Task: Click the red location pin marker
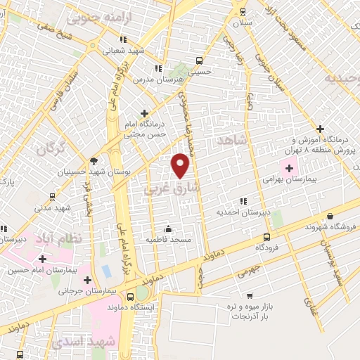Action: (181, 165)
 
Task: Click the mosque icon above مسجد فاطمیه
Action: (168, 229)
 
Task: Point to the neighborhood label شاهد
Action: (235, 141)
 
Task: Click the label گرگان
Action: (51, 149)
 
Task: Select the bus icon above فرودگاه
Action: (266, 237)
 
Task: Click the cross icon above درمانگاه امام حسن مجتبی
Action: (145, 112)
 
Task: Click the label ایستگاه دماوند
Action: (135, 308)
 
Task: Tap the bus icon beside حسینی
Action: (199, 60)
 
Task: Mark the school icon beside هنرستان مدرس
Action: (158, 68)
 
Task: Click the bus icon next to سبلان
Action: (243, 11)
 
